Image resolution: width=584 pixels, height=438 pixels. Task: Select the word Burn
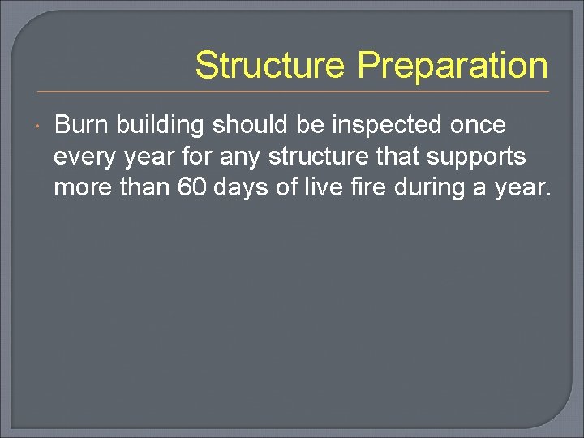[81, 125]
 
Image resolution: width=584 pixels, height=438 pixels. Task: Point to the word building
[162, 126]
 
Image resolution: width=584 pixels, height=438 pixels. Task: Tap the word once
[478, 126]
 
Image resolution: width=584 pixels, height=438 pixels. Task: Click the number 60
[192, 188]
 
